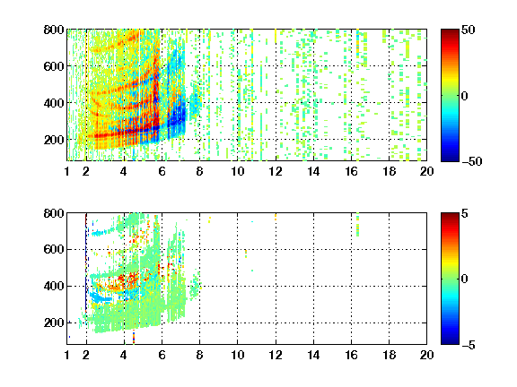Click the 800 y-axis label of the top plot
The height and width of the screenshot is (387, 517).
(x=54, y=30)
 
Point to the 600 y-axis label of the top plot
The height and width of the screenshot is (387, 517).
(x=54, y=66)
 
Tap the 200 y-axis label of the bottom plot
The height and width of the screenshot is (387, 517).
(x=54, y=322)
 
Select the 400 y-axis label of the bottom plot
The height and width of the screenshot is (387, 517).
(x=54, y=286)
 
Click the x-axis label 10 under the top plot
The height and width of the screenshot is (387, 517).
(x=237, y=171)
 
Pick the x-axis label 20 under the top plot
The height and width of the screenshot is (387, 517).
(x=426, y=171)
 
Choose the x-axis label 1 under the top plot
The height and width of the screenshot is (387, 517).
(x=67, y=171)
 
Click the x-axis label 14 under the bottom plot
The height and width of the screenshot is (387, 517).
(x=313, y=355)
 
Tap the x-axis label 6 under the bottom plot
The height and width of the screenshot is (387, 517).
(x=162, y=355)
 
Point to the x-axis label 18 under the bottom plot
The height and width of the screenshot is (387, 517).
(x=389, y=355)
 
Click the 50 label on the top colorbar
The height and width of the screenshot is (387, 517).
(x=469, y=30)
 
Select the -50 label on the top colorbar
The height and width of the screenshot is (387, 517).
(x=472, y=161)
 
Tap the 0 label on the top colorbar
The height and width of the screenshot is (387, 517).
(x=464, y=96)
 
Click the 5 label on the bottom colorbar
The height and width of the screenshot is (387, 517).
(x=464, y=213)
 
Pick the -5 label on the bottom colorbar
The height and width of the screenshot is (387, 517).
(x=469, y=345)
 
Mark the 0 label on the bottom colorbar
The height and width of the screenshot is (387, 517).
(x=464, y=279)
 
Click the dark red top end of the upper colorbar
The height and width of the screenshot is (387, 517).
(x=450, y=31)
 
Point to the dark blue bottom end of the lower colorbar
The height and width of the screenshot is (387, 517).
(x=450, y=342)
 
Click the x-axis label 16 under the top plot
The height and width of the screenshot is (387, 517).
(x=351, y=171)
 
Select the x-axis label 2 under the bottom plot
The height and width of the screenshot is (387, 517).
(x=86, y=355)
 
